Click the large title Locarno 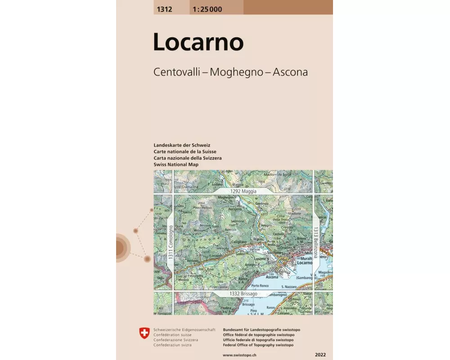[x=198, y=42]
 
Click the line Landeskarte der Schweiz [x=182, y=145]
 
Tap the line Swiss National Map [x=176, y=165]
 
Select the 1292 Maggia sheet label [x=243, y=191]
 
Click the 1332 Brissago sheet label [x=243, y=293]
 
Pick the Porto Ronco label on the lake [x=260, y=285]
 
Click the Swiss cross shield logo [x=144, y=333]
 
